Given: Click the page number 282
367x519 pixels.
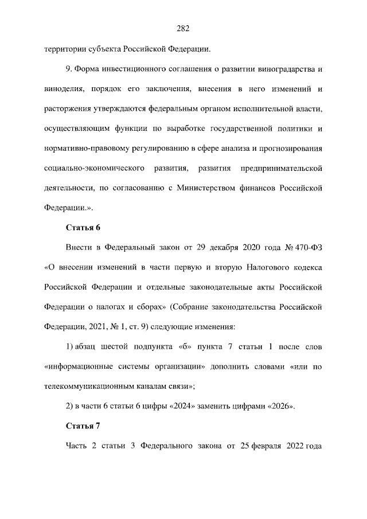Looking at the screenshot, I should pyautogui.click(x=183, y=29).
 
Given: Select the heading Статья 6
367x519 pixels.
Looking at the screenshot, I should pyautogui.click(x=83, y=227).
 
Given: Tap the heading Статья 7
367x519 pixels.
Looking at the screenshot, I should pyautogui.click(x=83, y=426).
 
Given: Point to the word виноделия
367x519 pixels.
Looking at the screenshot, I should pyautogui.click(x=63, y=89).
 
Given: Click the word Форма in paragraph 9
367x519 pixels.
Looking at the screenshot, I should pyautogui.click(x=86, y=69).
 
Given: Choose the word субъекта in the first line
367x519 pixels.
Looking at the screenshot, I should pyautogui.click(x=105, y=49).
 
